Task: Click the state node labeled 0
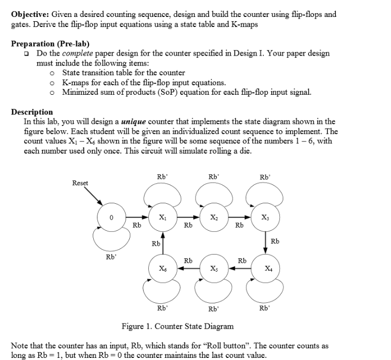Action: point(111,217)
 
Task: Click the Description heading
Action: point(32,112)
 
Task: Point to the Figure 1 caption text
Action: point(177,326)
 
